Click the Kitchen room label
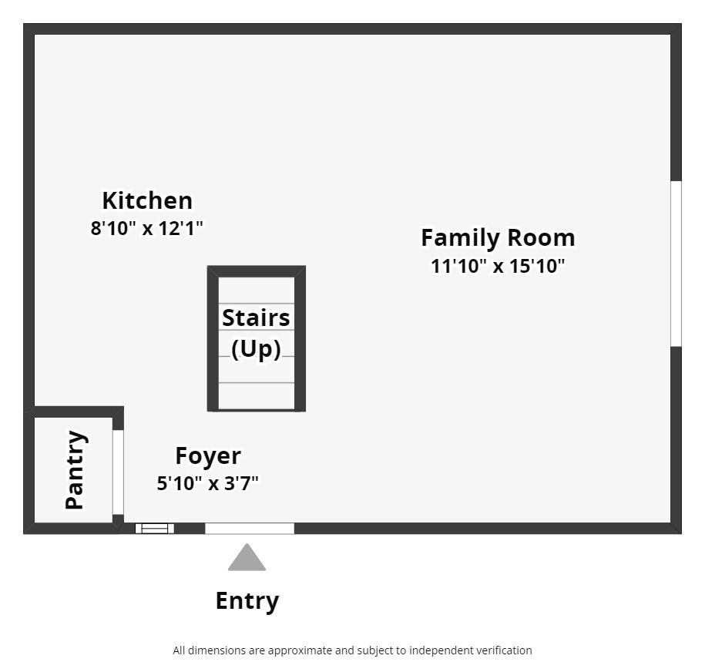(x=147, y=200)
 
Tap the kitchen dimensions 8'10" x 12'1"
(x=147, y=228)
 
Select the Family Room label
(x=498, y=237)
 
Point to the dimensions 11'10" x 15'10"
(x=498, y=266)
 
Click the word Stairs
(x=256, y=318)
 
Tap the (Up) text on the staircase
(x=256, y=349)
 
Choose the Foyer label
(x=208, y=455)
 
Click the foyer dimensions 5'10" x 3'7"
(x=208, y=483)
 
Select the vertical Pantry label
(x=75, y=470)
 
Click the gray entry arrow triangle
(x=247, y=559)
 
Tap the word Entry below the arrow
(x=247, y=600)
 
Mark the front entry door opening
(x=250, y=529)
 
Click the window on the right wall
(x=676, y=264)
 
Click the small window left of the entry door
(x=155, y=529)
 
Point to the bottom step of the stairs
(x=257, y=395)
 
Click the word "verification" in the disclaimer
(x=501, y=650)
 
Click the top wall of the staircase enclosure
(x=257, y=271)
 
